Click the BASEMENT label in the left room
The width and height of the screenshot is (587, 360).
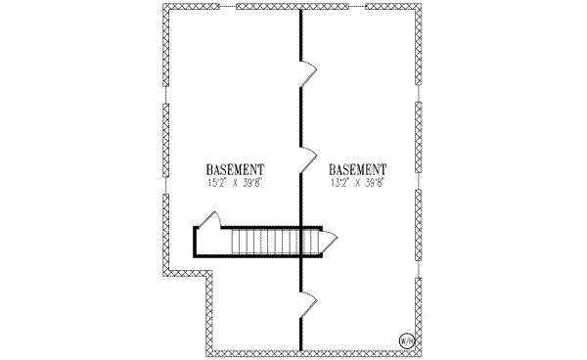(x=235, y=167)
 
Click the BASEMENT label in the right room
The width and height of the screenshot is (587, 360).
(x=358, y=167)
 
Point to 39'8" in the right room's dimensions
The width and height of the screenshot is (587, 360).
(x=376, y=182)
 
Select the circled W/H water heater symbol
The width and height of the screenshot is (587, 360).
(x=407, y=339)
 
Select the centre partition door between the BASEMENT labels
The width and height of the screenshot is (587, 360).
(x=307, y=157)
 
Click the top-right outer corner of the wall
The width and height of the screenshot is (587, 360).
(x=422, y=4)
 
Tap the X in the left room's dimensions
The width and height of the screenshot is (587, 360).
(x=236, y=182)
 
